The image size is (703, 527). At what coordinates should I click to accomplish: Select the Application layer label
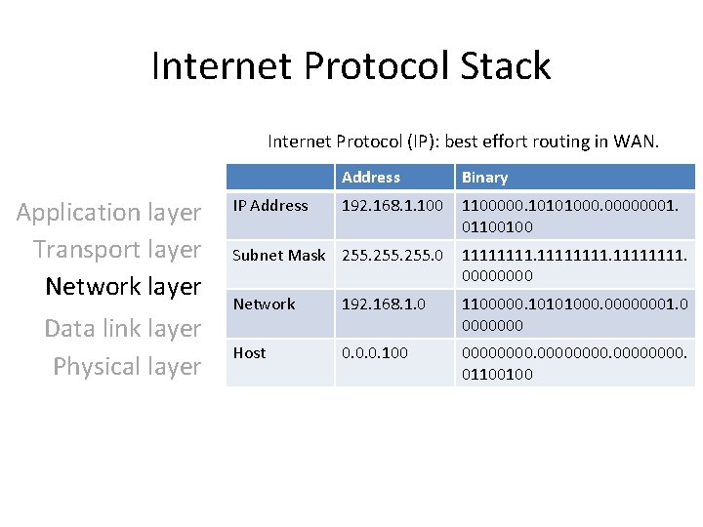point(108,212)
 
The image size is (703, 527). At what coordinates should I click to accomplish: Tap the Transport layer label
point(117,249)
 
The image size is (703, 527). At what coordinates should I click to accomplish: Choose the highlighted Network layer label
point(123,286)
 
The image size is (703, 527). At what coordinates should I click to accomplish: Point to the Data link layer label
point(123,328)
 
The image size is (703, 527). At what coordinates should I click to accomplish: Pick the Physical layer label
point(127,366)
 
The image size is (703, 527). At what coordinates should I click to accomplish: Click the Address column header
point(371,178)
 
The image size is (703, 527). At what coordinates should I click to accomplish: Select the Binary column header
point(484,178)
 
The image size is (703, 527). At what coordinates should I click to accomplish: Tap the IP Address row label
point(270,205)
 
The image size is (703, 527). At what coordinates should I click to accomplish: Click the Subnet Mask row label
point(279,255)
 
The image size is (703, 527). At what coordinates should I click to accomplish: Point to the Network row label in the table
point(264,304)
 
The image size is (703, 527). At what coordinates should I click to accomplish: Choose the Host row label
point(249,352)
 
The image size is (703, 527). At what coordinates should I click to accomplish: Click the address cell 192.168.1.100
point(393,206)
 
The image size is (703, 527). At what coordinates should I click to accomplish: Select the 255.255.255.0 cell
point(393,255)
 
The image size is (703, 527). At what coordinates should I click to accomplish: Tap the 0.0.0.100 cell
point(374,352)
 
